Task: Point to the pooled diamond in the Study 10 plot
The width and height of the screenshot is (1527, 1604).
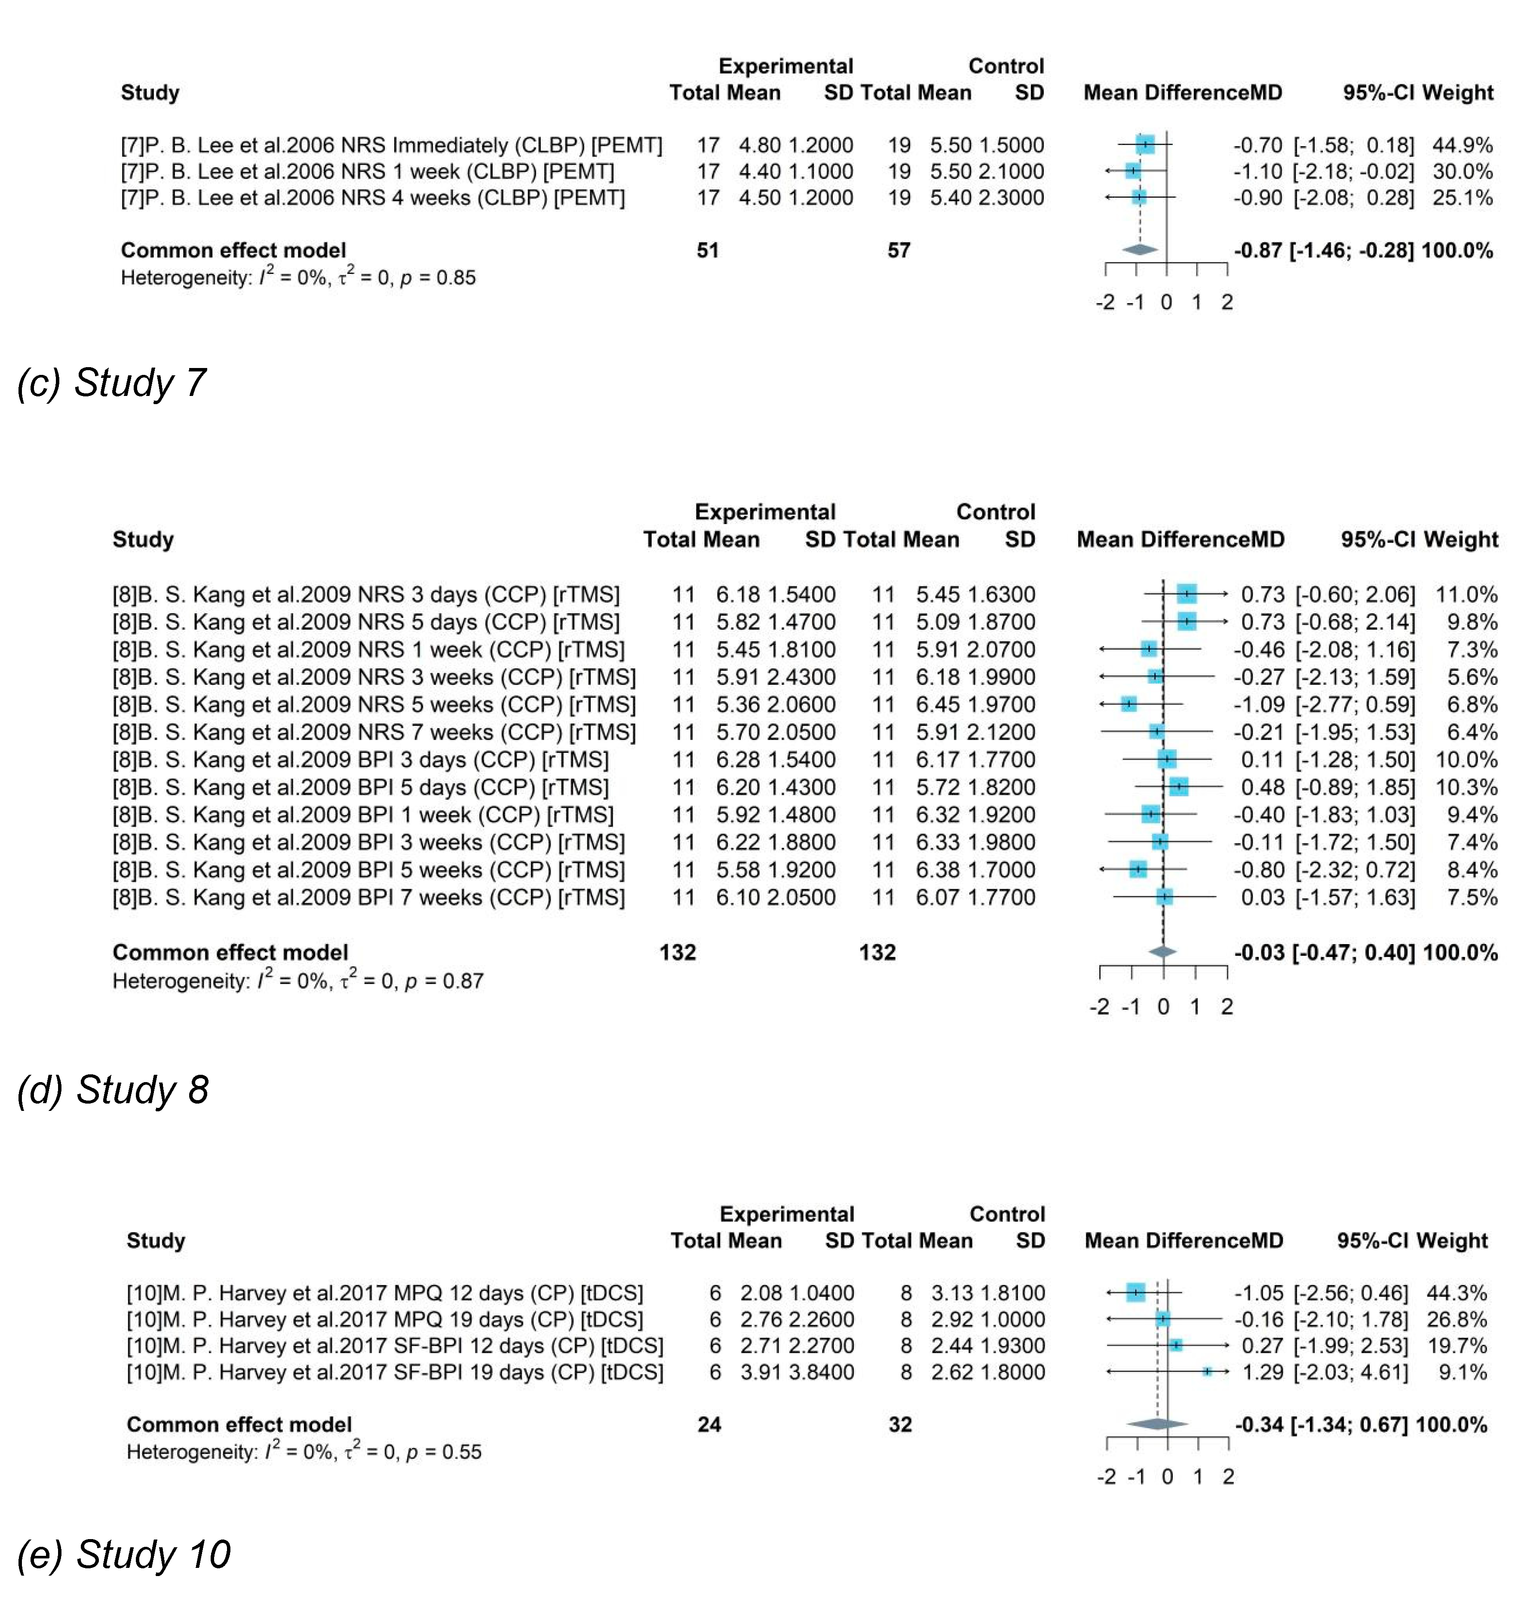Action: tap(1157, 1424)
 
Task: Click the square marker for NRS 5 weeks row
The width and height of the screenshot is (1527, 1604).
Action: tap(1128, 704)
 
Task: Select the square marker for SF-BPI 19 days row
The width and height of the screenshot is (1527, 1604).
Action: tap(1207, 1372)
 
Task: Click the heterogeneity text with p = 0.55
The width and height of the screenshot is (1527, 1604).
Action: tap(304, 1452)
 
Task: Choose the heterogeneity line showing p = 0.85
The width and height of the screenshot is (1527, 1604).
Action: tap(298, 277)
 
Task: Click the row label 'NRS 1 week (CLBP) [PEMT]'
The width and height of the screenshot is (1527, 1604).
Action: tap(367, 172)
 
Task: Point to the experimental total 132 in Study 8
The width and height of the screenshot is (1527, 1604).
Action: tap(677, 952)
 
